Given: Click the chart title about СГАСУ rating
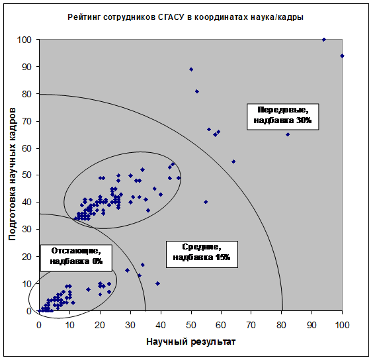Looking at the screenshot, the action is click(x=186, y=17).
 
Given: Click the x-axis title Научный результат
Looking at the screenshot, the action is click(x=190, y=342).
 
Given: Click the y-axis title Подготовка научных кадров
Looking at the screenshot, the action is click(x=12, y=174).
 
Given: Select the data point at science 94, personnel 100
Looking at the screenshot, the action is click(x=324, y=40).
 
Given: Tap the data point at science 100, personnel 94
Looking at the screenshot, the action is click(x=342, y=56).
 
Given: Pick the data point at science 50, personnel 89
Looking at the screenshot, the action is click(x=191, y=69).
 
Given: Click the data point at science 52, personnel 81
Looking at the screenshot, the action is click(x=197, y=91).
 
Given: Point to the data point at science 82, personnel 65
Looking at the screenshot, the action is click(x=288, y=134).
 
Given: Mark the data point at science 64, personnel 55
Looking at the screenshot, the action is click(x=233, y=161).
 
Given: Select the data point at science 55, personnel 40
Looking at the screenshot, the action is click(x=206, y=202).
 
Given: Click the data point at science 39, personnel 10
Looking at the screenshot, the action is click(x=157, y=284).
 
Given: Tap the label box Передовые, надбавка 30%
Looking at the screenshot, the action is click(x=283, y=116).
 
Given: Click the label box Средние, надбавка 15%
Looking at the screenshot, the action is click(x=202, y=254).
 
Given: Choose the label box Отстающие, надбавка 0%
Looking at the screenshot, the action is click(x=76, y=258).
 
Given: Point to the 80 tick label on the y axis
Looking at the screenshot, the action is click(x=26, y=94).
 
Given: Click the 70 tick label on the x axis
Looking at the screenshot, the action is click(x=251, y=325).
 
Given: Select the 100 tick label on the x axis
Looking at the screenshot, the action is click(x=342, y=325).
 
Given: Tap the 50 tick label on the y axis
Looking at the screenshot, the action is click(x=26, y=175).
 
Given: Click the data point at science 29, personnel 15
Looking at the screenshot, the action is click(x=127, y=270).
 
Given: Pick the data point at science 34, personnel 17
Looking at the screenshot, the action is click(x=142, y=265).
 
